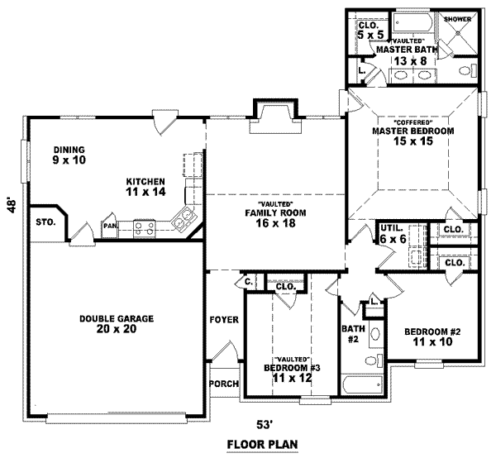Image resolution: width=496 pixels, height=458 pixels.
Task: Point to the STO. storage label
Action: click(45, 222)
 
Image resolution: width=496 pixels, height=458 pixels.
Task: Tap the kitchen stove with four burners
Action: click(145, 224)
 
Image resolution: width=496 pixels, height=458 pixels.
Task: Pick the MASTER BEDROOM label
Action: click(413, 131)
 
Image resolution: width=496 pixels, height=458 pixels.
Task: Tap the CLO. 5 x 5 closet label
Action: click(370, 30)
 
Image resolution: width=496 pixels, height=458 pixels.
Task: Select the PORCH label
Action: click(224, 384)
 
